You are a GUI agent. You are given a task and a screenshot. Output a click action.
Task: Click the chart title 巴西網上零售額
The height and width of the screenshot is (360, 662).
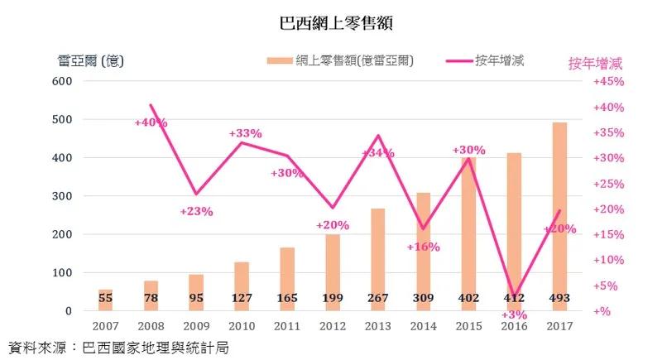point(331,21)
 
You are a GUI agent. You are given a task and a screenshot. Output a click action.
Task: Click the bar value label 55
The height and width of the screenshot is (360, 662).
point(106,297)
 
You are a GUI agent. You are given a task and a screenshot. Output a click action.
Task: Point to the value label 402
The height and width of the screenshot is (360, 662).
point(469,297)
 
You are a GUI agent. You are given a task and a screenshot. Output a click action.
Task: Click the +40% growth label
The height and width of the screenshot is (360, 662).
point(151,122)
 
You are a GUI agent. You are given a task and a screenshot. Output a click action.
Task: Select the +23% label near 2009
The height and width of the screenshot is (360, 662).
point(196,211)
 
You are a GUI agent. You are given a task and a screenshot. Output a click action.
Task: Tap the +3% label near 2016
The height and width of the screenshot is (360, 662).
point(515,315)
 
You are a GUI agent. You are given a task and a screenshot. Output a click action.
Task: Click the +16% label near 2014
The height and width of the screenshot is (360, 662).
point(423,247)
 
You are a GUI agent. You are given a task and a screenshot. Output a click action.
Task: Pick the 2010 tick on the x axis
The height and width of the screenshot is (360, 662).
point(242,327)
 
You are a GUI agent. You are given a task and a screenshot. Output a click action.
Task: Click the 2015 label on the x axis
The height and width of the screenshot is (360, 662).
point(469,327)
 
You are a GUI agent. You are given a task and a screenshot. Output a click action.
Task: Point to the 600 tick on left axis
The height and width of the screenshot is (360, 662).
point(62,81)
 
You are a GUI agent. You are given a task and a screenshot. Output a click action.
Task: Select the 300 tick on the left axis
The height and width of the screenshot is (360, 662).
point(62,196)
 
